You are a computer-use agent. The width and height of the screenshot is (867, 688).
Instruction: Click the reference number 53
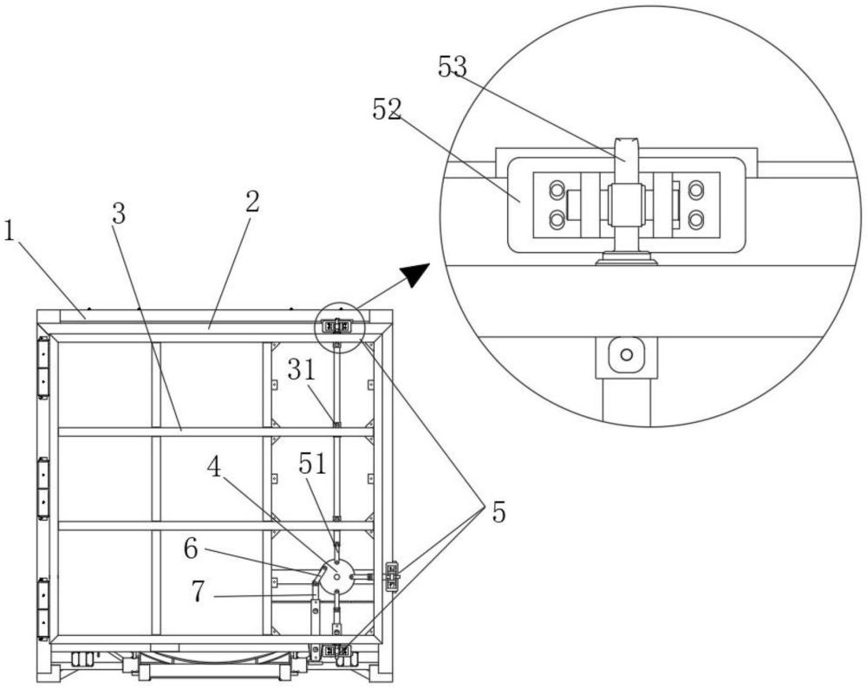[453, 68]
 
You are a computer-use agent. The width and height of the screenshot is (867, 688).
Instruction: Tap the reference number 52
[387, 109]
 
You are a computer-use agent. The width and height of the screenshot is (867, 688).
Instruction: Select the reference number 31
[302, 370]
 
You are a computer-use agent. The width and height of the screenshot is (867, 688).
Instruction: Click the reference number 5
[499, 513]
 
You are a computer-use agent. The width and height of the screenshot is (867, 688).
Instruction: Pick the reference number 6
[191, 548]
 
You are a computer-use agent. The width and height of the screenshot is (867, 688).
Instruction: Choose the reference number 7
[199, 592]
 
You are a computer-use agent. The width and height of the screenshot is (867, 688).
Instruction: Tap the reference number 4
[214, 468]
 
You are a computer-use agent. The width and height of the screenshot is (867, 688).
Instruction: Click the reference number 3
[118, 213]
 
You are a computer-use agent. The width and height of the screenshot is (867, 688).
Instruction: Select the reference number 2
[252, 202]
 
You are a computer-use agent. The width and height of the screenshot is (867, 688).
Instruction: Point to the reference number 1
[9, 230]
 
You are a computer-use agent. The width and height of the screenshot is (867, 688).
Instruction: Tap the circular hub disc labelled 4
[336, 576]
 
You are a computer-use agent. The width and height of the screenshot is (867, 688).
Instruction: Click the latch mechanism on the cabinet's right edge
[392, 577]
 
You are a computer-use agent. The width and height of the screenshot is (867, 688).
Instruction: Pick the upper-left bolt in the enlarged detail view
[557, 190]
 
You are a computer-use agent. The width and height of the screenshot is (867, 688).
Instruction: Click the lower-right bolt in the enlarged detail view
[695, 220]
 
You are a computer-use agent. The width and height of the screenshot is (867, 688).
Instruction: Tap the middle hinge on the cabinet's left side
[42, 488]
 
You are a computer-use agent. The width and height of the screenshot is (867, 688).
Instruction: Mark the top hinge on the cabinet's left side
[42, 368]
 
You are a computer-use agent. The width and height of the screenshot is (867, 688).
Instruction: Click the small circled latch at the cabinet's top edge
[337, 327]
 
